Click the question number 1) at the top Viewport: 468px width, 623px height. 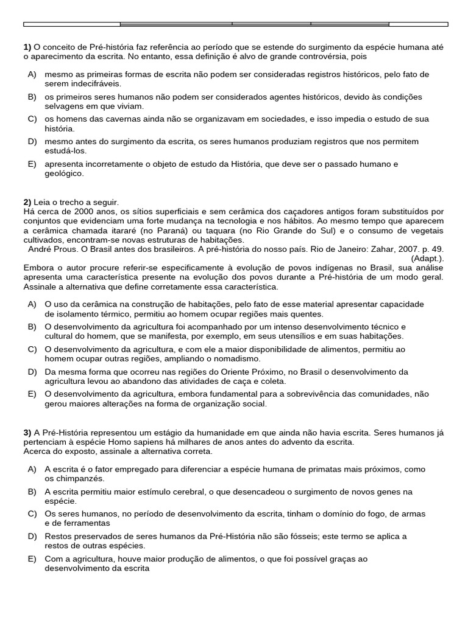[27, 47]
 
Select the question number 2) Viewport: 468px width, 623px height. [27, 202]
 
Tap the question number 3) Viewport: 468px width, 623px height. [27, 433]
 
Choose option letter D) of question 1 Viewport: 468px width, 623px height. [32, 141]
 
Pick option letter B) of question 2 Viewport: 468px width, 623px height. [32, 327]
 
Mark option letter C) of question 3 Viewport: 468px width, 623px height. [32, 513]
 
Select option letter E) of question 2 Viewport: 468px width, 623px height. [32, 394]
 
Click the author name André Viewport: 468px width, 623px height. [41, 250]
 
